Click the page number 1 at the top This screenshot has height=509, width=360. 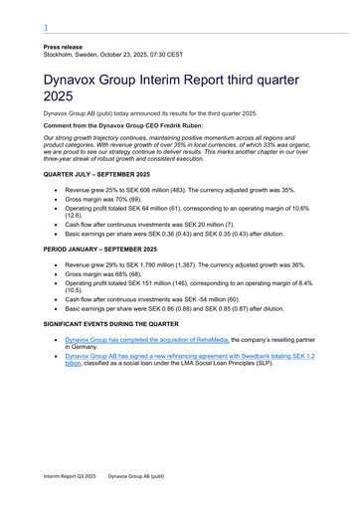46,29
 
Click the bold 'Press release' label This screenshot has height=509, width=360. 63,48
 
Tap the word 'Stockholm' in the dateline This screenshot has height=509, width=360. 61,56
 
